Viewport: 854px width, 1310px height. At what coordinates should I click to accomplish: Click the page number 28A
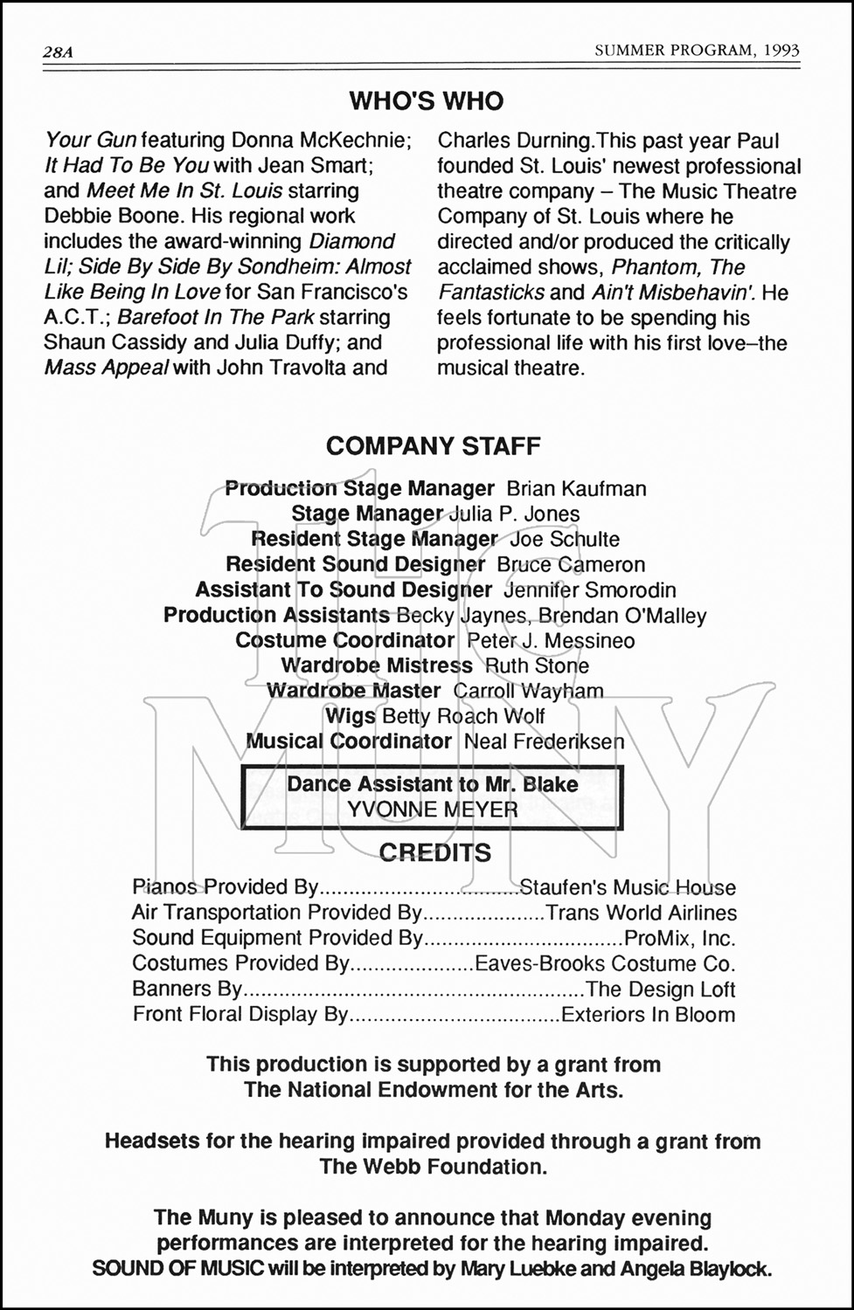pos(58,52)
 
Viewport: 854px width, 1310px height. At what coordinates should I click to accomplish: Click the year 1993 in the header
pos(780,51)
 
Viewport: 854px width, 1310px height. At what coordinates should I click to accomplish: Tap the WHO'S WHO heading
pos(427,101)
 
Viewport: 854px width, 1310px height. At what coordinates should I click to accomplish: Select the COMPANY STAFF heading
pos(433,446)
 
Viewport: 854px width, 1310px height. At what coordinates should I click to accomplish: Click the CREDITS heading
pos(434,853)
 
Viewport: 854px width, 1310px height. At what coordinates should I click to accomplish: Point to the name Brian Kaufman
pos(576,489)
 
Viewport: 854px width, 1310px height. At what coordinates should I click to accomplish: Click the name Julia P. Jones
pos(514,514)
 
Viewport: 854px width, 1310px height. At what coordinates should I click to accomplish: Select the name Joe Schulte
pos(565,540)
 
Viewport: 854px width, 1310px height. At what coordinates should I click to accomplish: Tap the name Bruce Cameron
pos(571,565)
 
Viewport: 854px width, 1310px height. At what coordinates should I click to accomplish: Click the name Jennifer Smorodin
pos(589,590)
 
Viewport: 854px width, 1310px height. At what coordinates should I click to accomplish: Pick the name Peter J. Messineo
pos(551,641)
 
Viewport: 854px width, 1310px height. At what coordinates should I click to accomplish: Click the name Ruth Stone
pos(537,666)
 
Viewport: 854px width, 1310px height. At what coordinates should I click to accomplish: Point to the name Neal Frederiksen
pos(544,742)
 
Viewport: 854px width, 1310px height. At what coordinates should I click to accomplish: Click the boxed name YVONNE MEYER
pos(432,810)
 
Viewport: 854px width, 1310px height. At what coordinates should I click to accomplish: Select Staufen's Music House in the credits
pos(628,888)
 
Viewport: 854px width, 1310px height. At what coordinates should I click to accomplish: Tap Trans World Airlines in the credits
pos(641,914)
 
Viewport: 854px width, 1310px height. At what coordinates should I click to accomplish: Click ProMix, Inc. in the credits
pos(680,939)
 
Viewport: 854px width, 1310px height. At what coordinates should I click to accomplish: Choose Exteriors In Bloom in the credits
pos(648,1015)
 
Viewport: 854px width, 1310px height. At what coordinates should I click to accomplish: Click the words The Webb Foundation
pos(433,1167)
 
